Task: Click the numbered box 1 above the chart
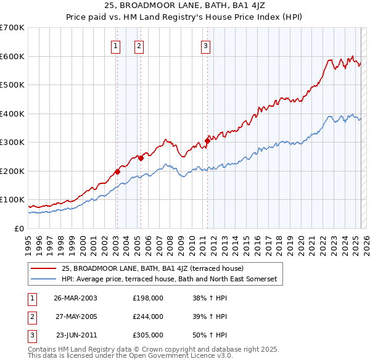116,45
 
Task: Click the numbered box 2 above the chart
139,45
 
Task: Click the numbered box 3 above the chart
205,45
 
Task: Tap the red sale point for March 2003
117,172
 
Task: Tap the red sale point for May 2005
141,158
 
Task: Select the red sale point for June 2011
207,141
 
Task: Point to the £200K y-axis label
12,171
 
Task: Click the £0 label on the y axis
18,228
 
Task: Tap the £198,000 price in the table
148,298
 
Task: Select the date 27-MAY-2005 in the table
75,316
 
